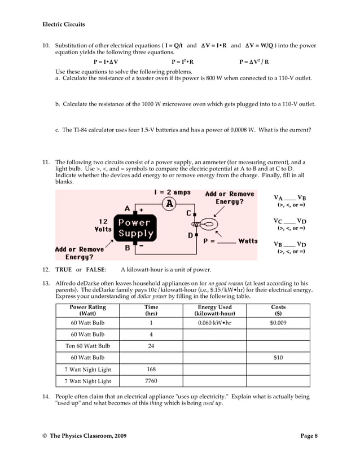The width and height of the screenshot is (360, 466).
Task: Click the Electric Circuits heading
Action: (64, 24)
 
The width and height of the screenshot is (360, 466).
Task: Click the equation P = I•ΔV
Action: (106, 62)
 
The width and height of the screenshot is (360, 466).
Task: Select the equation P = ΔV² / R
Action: (254, 62)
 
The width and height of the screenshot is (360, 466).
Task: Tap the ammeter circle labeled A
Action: (168, 204)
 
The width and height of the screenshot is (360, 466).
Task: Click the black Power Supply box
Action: (135, 227)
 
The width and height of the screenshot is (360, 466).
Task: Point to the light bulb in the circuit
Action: (207, 225)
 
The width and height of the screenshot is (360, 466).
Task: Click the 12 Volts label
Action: (103, 226)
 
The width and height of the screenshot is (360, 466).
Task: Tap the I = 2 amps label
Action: (172, 192)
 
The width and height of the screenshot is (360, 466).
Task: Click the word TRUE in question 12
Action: (63, 270)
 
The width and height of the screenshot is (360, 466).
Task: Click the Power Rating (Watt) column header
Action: (87, 310)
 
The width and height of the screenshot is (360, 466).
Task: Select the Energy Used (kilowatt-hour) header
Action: (214, 310)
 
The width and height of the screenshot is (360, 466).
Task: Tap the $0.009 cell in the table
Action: (278, 323)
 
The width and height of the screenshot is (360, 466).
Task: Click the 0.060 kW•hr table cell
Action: (214, 323)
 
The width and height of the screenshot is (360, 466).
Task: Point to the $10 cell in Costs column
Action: (278, 358)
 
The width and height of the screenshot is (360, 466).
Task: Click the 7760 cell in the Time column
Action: (151, 381)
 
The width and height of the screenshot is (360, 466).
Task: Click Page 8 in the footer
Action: (308, 435)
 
